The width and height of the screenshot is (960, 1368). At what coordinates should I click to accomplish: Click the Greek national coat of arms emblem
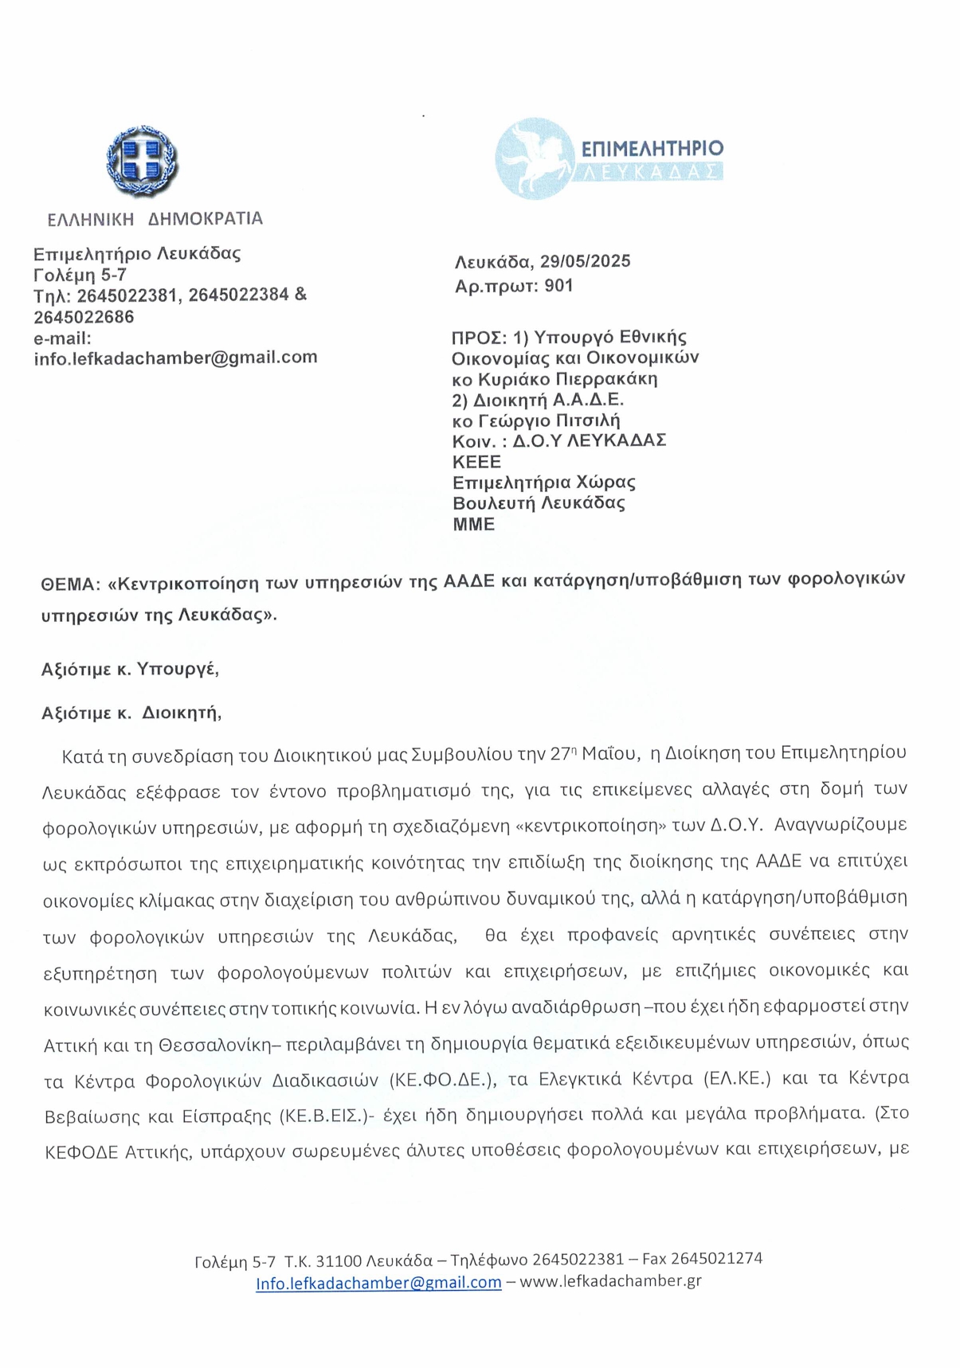coord(143,162)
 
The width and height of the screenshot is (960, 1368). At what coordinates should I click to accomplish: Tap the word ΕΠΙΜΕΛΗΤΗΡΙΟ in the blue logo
coord(652,148)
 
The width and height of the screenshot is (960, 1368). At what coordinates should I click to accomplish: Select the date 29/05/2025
coord(586,261)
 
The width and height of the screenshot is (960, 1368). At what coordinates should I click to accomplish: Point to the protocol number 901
coord(559,285)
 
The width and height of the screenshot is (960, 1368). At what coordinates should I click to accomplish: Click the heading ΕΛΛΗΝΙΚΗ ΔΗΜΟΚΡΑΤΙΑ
coord(155,218)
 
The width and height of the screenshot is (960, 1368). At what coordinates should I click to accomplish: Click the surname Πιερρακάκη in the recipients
coord(605,378)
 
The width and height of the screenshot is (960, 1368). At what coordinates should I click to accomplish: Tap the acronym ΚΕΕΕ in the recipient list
coord(476,462)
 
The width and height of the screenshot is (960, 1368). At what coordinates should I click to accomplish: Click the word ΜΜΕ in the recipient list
coord(474,524)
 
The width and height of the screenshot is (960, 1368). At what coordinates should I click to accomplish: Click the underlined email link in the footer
coord(378,1283)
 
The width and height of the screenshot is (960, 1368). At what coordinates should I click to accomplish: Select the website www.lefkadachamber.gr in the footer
coord(610,1281)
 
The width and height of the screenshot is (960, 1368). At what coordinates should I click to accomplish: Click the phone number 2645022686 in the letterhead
coord(84,317)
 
